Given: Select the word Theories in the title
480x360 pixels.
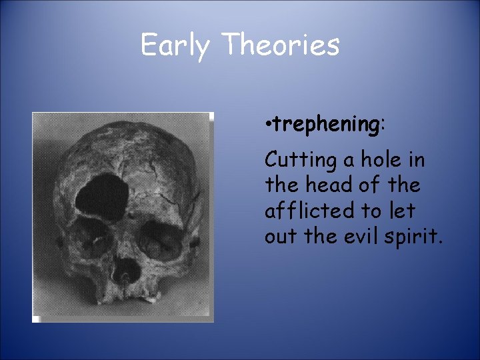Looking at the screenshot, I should coord(281,45).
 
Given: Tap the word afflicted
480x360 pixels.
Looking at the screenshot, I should coord(306,211).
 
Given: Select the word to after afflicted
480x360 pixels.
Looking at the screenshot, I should coord(371,211).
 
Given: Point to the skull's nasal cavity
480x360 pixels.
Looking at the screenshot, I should coord(126,271).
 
